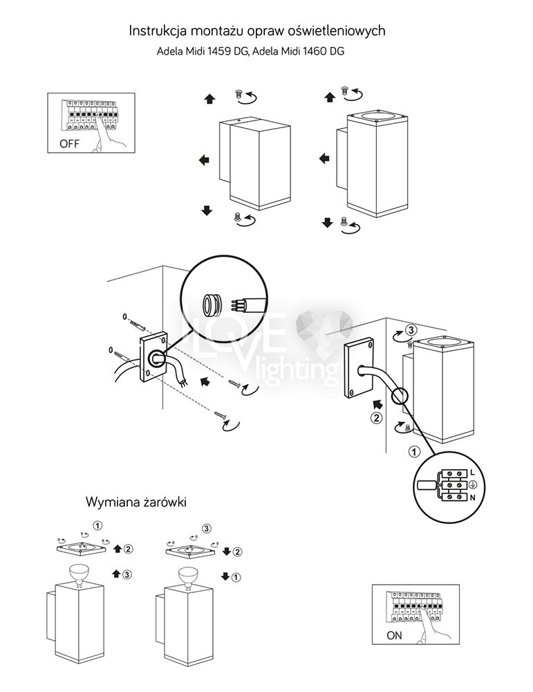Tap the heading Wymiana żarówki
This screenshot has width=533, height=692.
point(136,501)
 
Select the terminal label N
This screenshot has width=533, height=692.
point(472,498)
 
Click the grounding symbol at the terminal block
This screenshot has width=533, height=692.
point(472,484)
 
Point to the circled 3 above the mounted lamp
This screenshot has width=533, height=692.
point(411,329)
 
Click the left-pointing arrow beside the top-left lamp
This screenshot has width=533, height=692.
point(204,161)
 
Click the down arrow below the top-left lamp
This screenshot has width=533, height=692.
point(206,210)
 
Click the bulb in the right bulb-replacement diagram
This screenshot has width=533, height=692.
point(187,573)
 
